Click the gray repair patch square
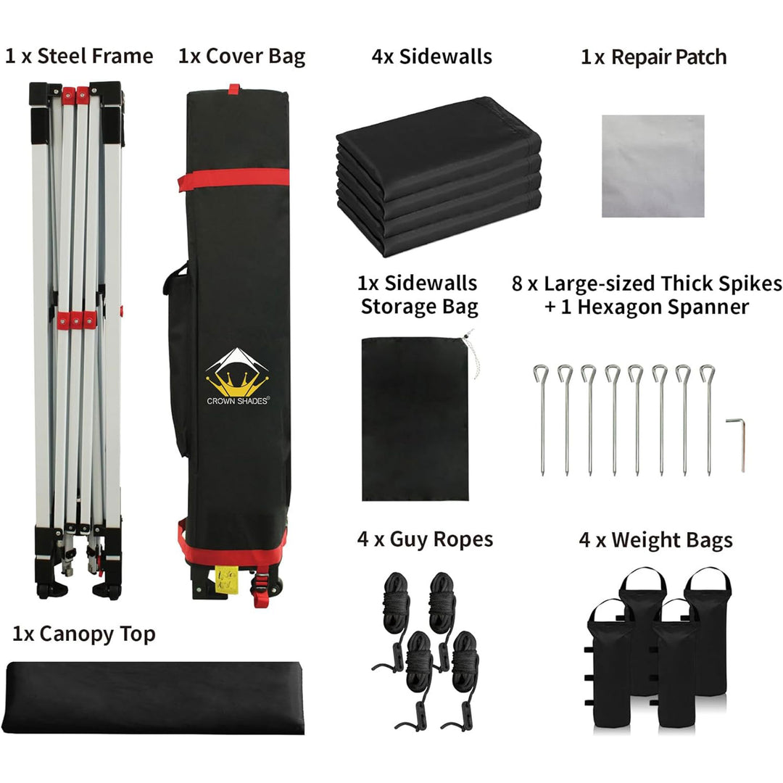coord(652,166)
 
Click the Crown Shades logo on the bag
coord(238,376)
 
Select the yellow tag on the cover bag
coord(226,580)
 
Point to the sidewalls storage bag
coord(415,419)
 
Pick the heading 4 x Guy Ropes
coord(425,540)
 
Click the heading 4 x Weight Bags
coord(655,540)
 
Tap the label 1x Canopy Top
coord(83,634)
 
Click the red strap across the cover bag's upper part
coord(233,179)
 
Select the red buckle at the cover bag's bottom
coord(261,589)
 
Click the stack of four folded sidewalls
coord(439,176)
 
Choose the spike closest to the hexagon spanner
coord(708,420)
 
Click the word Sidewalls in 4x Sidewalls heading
coord(445,57)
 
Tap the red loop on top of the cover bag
coord(234,89)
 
